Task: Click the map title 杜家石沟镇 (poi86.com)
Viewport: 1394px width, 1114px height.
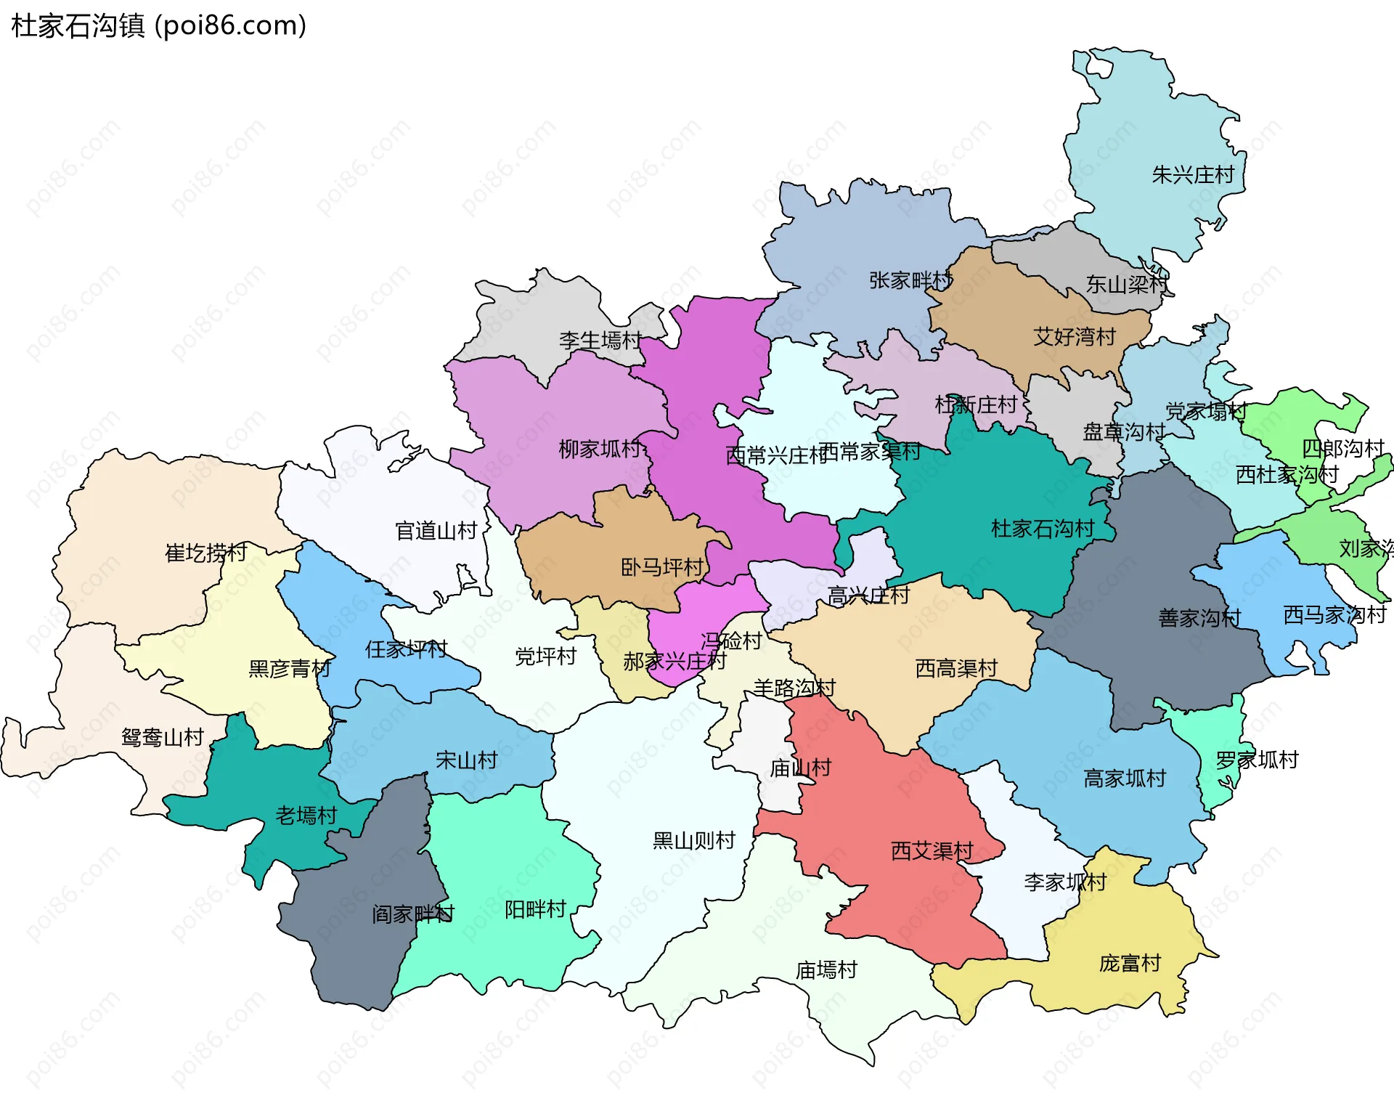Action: (158, 25)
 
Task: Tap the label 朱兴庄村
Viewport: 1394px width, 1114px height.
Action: (1193, 175)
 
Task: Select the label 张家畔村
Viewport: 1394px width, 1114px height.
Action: (910, 280)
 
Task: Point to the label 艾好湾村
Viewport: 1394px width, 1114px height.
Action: (1074, 337)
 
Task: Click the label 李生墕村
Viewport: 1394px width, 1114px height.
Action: (600, 341)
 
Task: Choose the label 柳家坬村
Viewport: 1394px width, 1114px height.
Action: (600, 450)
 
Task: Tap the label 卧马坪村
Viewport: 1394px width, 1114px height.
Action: (661, 567)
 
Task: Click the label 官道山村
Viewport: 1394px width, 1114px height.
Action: (436, 531)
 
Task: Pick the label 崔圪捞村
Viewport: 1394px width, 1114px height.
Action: (205, 553)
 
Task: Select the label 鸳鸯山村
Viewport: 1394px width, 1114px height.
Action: (163, 738)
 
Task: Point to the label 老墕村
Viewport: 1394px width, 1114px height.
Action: (306, 816)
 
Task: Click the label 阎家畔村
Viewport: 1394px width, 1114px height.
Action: (412, 914)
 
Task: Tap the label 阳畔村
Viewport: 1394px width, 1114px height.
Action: (535, 909)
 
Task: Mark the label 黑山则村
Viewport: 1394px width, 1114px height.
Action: (693, 841)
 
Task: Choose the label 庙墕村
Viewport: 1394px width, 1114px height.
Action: (826, 970)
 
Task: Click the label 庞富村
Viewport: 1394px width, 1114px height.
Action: (1130, 964)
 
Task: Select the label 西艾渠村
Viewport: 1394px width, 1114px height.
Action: (932, 851)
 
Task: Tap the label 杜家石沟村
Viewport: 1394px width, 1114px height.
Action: (1042, 529)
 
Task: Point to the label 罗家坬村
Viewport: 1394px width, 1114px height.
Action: (1257, 760)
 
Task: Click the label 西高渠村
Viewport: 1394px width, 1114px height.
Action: (956, 668)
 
